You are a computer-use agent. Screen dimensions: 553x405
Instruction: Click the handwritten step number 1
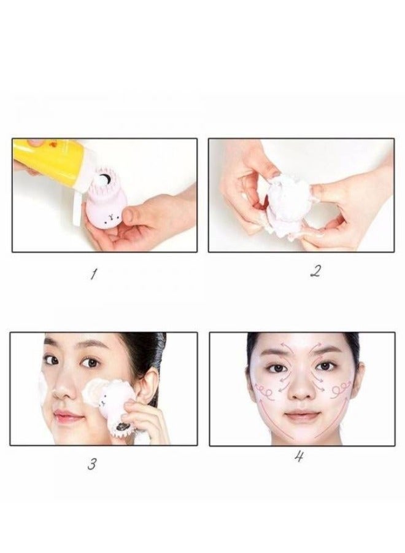pyautogui.click(x=93, y=274)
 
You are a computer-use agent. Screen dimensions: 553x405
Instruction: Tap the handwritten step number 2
pyautogui.click(x=315, y=271)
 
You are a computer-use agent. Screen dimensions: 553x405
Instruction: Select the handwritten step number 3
pyautogui.click(x=91, y=464)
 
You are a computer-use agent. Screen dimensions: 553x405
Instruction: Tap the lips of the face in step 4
pyautogui.click(x=301, y=416)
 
